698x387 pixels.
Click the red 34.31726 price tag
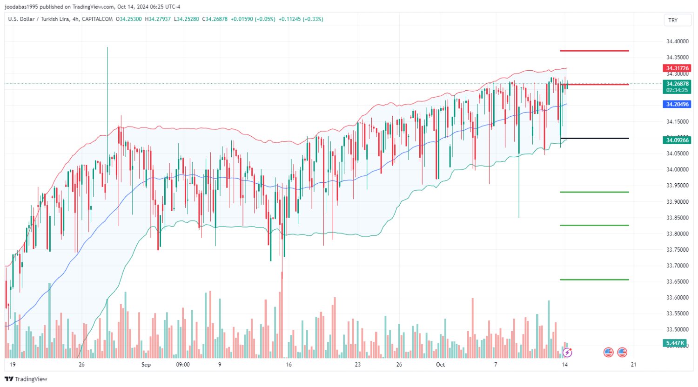point(677,68)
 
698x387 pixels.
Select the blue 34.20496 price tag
point(677,104)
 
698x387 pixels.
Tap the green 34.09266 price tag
point(677,140)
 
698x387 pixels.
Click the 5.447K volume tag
point(675,343)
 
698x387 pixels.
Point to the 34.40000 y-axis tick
point(677,41)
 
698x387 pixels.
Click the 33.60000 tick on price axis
point(677,298)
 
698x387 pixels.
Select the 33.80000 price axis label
point(677,234)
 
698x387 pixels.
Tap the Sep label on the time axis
point(146,365)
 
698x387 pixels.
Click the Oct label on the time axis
point(440,365)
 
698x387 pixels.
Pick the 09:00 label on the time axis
point(183,365)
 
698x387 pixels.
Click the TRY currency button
point(673,20)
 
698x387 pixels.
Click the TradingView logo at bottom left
point(26,379)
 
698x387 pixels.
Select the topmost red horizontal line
point(594,51)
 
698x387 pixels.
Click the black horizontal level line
point(594,138)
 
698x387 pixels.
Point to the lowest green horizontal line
point(594,280)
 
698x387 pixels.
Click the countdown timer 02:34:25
point(677,90)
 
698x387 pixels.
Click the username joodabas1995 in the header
point(21,7)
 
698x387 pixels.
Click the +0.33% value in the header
point(314,19)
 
